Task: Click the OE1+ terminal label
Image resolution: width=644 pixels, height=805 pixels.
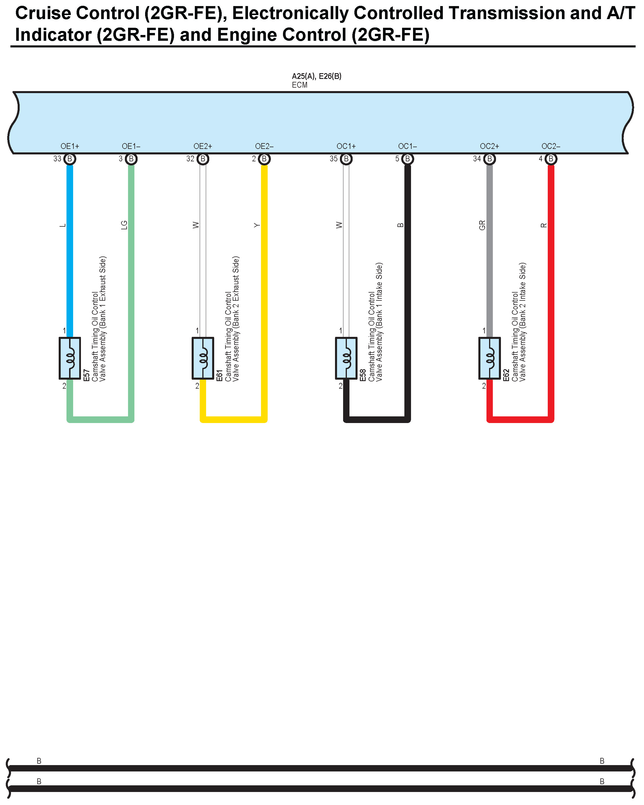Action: coord(70,146)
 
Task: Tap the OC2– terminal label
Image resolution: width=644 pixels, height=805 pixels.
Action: coord(551,146)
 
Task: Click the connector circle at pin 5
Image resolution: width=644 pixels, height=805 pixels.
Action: coord(408,159)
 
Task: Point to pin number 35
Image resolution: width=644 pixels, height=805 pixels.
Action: coord(333,159)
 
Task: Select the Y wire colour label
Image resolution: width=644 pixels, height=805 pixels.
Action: coord(257,225)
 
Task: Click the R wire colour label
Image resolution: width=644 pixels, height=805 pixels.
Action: coord(544,225)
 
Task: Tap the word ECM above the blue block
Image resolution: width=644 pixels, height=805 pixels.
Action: coord(299,85)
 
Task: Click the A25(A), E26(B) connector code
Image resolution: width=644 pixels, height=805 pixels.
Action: coord(317,76)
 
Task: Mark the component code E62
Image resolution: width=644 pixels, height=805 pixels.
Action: coord(506,375)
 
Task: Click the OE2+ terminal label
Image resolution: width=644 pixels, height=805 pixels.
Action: coord(203,146)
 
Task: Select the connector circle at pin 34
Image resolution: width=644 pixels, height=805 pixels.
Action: coord(489,159)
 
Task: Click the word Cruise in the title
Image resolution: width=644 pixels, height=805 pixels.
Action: coord(43,13)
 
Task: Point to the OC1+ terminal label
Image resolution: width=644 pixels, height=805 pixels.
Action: coord(346,146)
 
